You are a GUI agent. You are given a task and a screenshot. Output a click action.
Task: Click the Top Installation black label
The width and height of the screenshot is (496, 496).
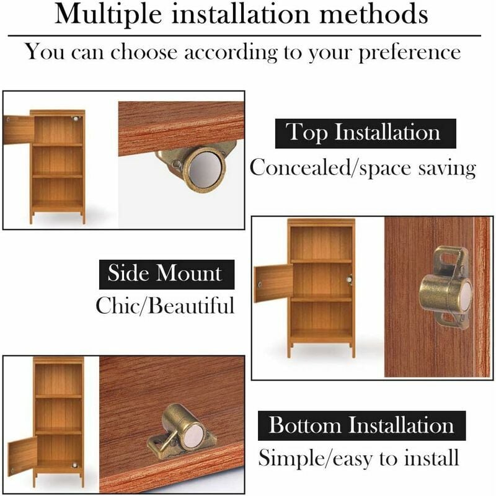[x=365, y=133]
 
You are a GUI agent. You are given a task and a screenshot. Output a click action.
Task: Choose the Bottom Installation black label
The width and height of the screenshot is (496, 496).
[x=361, y=426]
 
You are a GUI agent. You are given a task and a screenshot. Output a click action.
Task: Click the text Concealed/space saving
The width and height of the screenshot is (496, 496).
[x=363, y=167]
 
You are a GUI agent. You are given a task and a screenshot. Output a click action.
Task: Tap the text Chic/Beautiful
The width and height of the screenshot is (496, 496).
[x=166, y=305]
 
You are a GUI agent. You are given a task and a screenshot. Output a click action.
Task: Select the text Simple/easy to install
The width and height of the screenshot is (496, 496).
[x=358, y=458]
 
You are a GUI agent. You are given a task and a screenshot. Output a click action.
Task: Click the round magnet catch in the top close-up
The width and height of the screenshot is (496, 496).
[x=203, y=169]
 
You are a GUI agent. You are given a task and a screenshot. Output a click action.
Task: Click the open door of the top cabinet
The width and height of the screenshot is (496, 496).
[x=18, y=130]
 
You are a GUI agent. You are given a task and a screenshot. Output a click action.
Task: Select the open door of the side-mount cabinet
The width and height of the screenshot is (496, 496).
[x=273, y=283]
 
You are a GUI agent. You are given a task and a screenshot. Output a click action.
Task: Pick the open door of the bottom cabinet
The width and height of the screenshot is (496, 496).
[x=22, y=456]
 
